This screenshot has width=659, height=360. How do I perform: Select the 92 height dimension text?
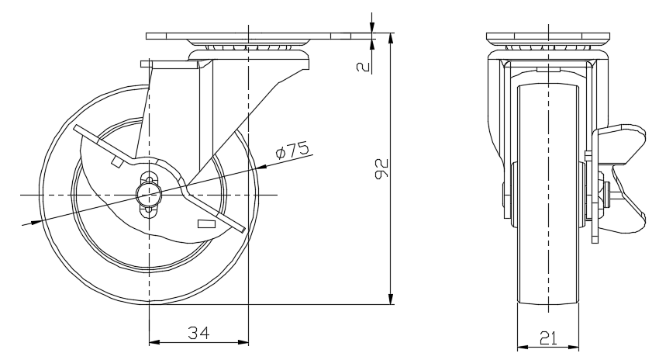pyautogui.click(x=381, y=168)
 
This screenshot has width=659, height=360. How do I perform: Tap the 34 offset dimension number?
pyautogui.click(x=198, y=333)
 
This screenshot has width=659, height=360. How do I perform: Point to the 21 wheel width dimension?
pyautogui.click(x=548, y=337)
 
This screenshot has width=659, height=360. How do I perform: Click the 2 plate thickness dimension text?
pyautogui.click(x=363, y=67)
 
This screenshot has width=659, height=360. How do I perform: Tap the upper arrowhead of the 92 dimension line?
pyautogui.click(x=391, y=38)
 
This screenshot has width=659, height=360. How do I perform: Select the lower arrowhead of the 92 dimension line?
pyautogui.click(x=391, y=299)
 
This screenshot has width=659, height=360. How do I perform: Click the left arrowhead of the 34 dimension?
pyautogui.click(x=154, y=342)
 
